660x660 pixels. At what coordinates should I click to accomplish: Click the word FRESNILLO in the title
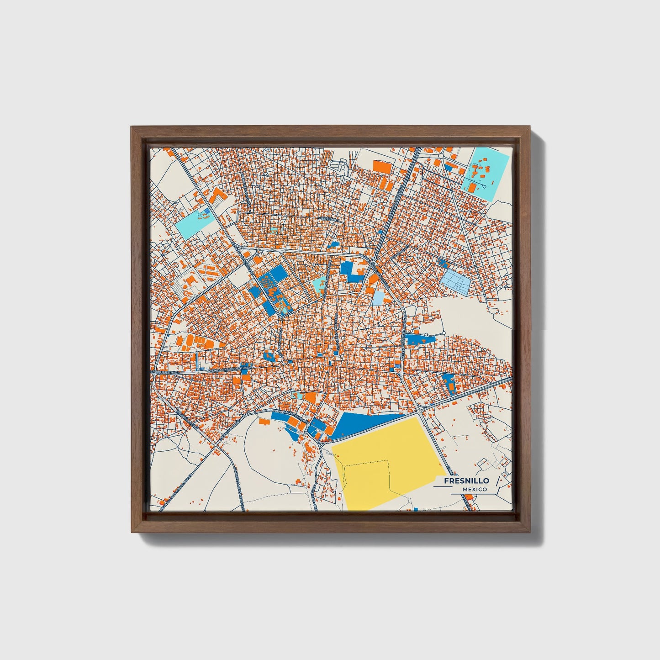tap(466, 480)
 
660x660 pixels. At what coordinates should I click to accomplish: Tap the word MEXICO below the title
tap(474, 490)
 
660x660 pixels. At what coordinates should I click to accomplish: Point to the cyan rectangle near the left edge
tap(196, 223)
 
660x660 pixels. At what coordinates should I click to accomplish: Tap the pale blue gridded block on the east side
tap(455, 280)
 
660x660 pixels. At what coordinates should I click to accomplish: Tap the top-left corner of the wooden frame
tap(132, 127)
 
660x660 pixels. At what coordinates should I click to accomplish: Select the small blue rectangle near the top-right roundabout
tap(450, 167)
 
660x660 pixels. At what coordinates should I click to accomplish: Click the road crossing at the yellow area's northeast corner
tap(423, 415)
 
